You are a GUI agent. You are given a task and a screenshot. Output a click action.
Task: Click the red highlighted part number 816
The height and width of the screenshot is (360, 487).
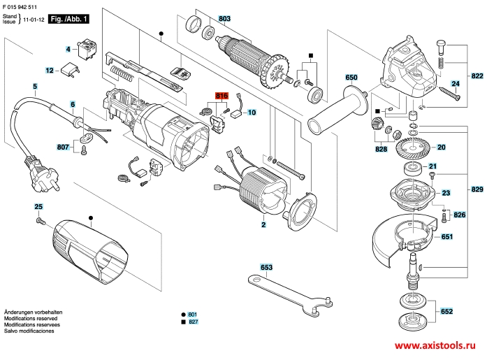[221, 96]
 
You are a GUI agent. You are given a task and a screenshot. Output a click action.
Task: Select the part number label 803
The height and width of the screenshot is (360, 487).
[224, 19]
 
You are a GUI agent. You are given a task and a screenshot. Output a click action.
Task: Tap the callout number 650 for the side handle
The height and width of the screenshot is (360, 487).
[351, 77]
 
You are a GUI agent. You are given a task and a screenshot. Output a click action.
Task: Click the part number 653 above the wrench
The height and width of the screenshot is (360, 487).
[266, 267]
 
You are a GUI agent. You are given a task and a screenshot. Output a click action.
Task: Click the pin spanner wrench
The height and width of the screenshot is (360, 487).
[291, 296]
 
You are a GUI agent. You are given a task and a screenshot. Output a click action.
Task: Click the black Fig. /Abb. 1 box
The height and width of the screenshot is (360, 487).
[68, 20]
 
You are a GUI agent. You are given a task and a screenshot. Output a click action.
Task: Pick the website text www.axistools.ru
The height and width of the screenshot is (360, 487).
[435, 345]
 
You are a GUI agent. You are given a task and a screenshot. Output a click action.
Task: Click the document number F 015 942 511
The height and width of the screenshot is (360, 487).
[20, 7]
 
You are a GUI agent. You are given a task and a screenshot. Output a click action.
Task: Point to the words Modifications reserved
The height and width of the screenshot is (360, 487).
[31, 318]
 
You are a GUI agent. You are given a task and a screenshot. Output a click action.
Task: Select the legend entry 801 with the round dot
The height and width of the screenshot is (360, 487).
[189, 315]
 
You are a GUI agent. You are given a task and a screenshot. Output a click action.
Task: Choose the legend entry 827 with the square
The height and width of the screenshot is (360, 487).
[189, 322]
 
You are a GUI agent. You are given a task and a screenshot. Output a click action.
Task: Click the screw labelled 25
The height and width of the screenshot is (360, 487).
[40, 221]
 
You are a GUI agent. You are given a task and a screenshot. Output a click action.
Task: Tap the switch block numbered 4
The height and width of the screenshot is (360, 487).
[87, 49]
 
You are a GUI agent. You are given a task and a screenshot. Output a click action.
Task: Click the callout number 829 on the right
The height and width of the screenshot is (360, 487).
[477, 189]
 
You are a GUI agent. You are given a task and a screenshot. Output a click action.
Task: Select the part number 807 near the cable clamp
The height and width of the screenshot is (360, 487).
[63, 147]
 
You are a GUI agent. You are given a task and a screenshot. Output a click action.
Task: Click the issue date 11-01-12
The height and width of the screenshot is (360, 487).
[34, 20]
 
